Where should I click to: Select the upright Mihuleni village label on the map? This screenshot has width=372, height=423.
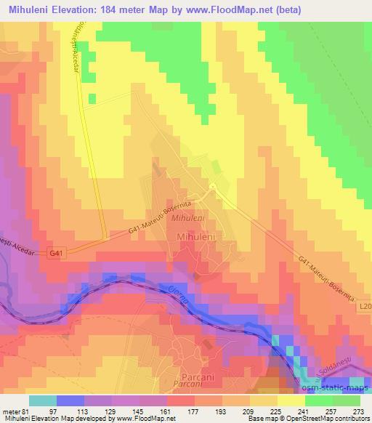[x=195, y=237]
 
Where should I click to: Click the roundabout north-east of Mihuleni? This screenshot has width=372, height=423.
[x=211, y=188]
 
